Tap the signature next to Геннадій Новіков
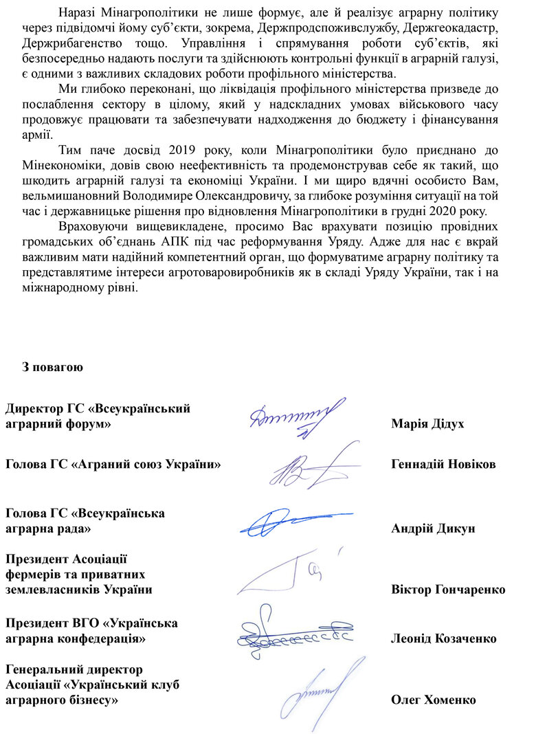point(313,467)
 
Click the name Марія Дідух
point(427,424)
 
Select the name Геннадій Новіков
point(443,464)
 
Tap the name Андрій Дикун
point(433,529)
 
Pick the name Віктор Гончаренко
point(448,590)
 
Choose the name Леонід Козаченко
point(443,638)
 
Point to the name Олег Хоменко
point(433,700)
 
